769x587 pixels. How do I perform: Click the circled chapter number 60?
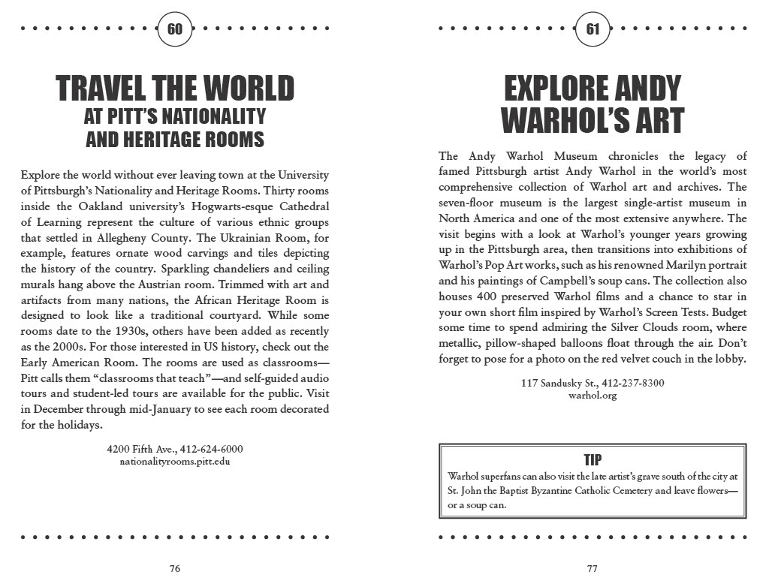tap(175, 29)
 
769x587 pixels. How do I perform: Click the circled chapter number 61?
tap(593, 29)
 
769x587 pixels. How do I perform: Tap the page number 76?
tap(174, 568)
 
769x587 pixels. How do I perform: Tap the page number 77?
tap(593, 568)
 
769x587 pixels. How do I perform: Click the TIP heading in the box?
tap(593, 459)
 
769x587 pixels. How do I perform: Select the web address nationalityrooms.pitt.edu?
tap(175, 461)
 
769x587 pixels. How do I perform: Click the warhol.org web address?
tap(593, 395)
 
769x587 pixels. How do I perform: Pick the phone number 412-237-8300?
tap(631, 383)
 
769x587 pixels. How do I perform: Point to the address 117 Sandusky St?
tap(554, 383)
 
